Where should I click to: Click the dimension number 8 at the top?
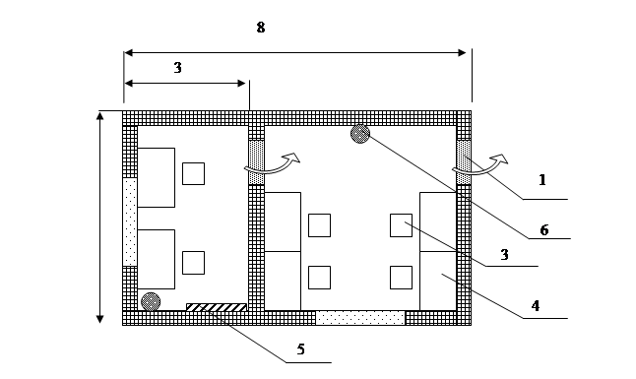pyautogui.click(x=261, y=28)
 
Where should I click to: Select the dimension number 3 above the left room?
pyautogui.click(x=177, y=68)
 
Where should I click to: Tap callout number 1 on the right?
pyautogui.click(x=542, y=179)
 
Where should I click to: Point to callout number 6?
pyautogui.click(x=544, y=230)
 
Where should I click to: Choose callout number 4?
pyautogui.click(x=536, y=305)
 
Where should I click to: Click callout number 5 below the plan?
pyautogui.click(x=300, y=348)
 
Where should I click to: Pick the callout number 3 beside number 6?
pyautogui.click(x=504, y=255)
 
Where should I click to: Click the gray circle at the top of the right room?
pyautogui.click(x=360, y=134)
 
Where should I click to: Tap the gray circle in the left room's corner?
pyautogui.click(x=151, y=301)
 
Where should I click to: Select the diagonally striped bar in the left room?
pyautogui.click(x=217, y=307)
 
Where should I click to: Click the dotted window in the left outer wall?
pyautogui.click(x=130, y=221)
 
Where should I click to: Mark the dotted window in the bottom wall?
pyautogui.click(x=360, y=318)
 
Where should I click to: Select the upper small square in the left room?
pyautogui.click(x=194, y=173)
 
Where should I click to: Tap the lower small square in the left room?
pyautogui.click(x=194, y=263)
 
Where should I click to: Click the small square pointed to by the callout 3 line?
pyautogui.click(x=401, y=225)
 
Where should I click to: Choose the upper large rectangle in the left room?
pyautogui.click(x=157, y=177)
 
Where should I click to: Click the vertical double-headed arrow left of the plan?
pyautogui.click(x=99, y=218)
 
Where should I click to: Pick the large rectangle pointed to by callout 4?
pyautogui.click(x=438, y=281)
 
